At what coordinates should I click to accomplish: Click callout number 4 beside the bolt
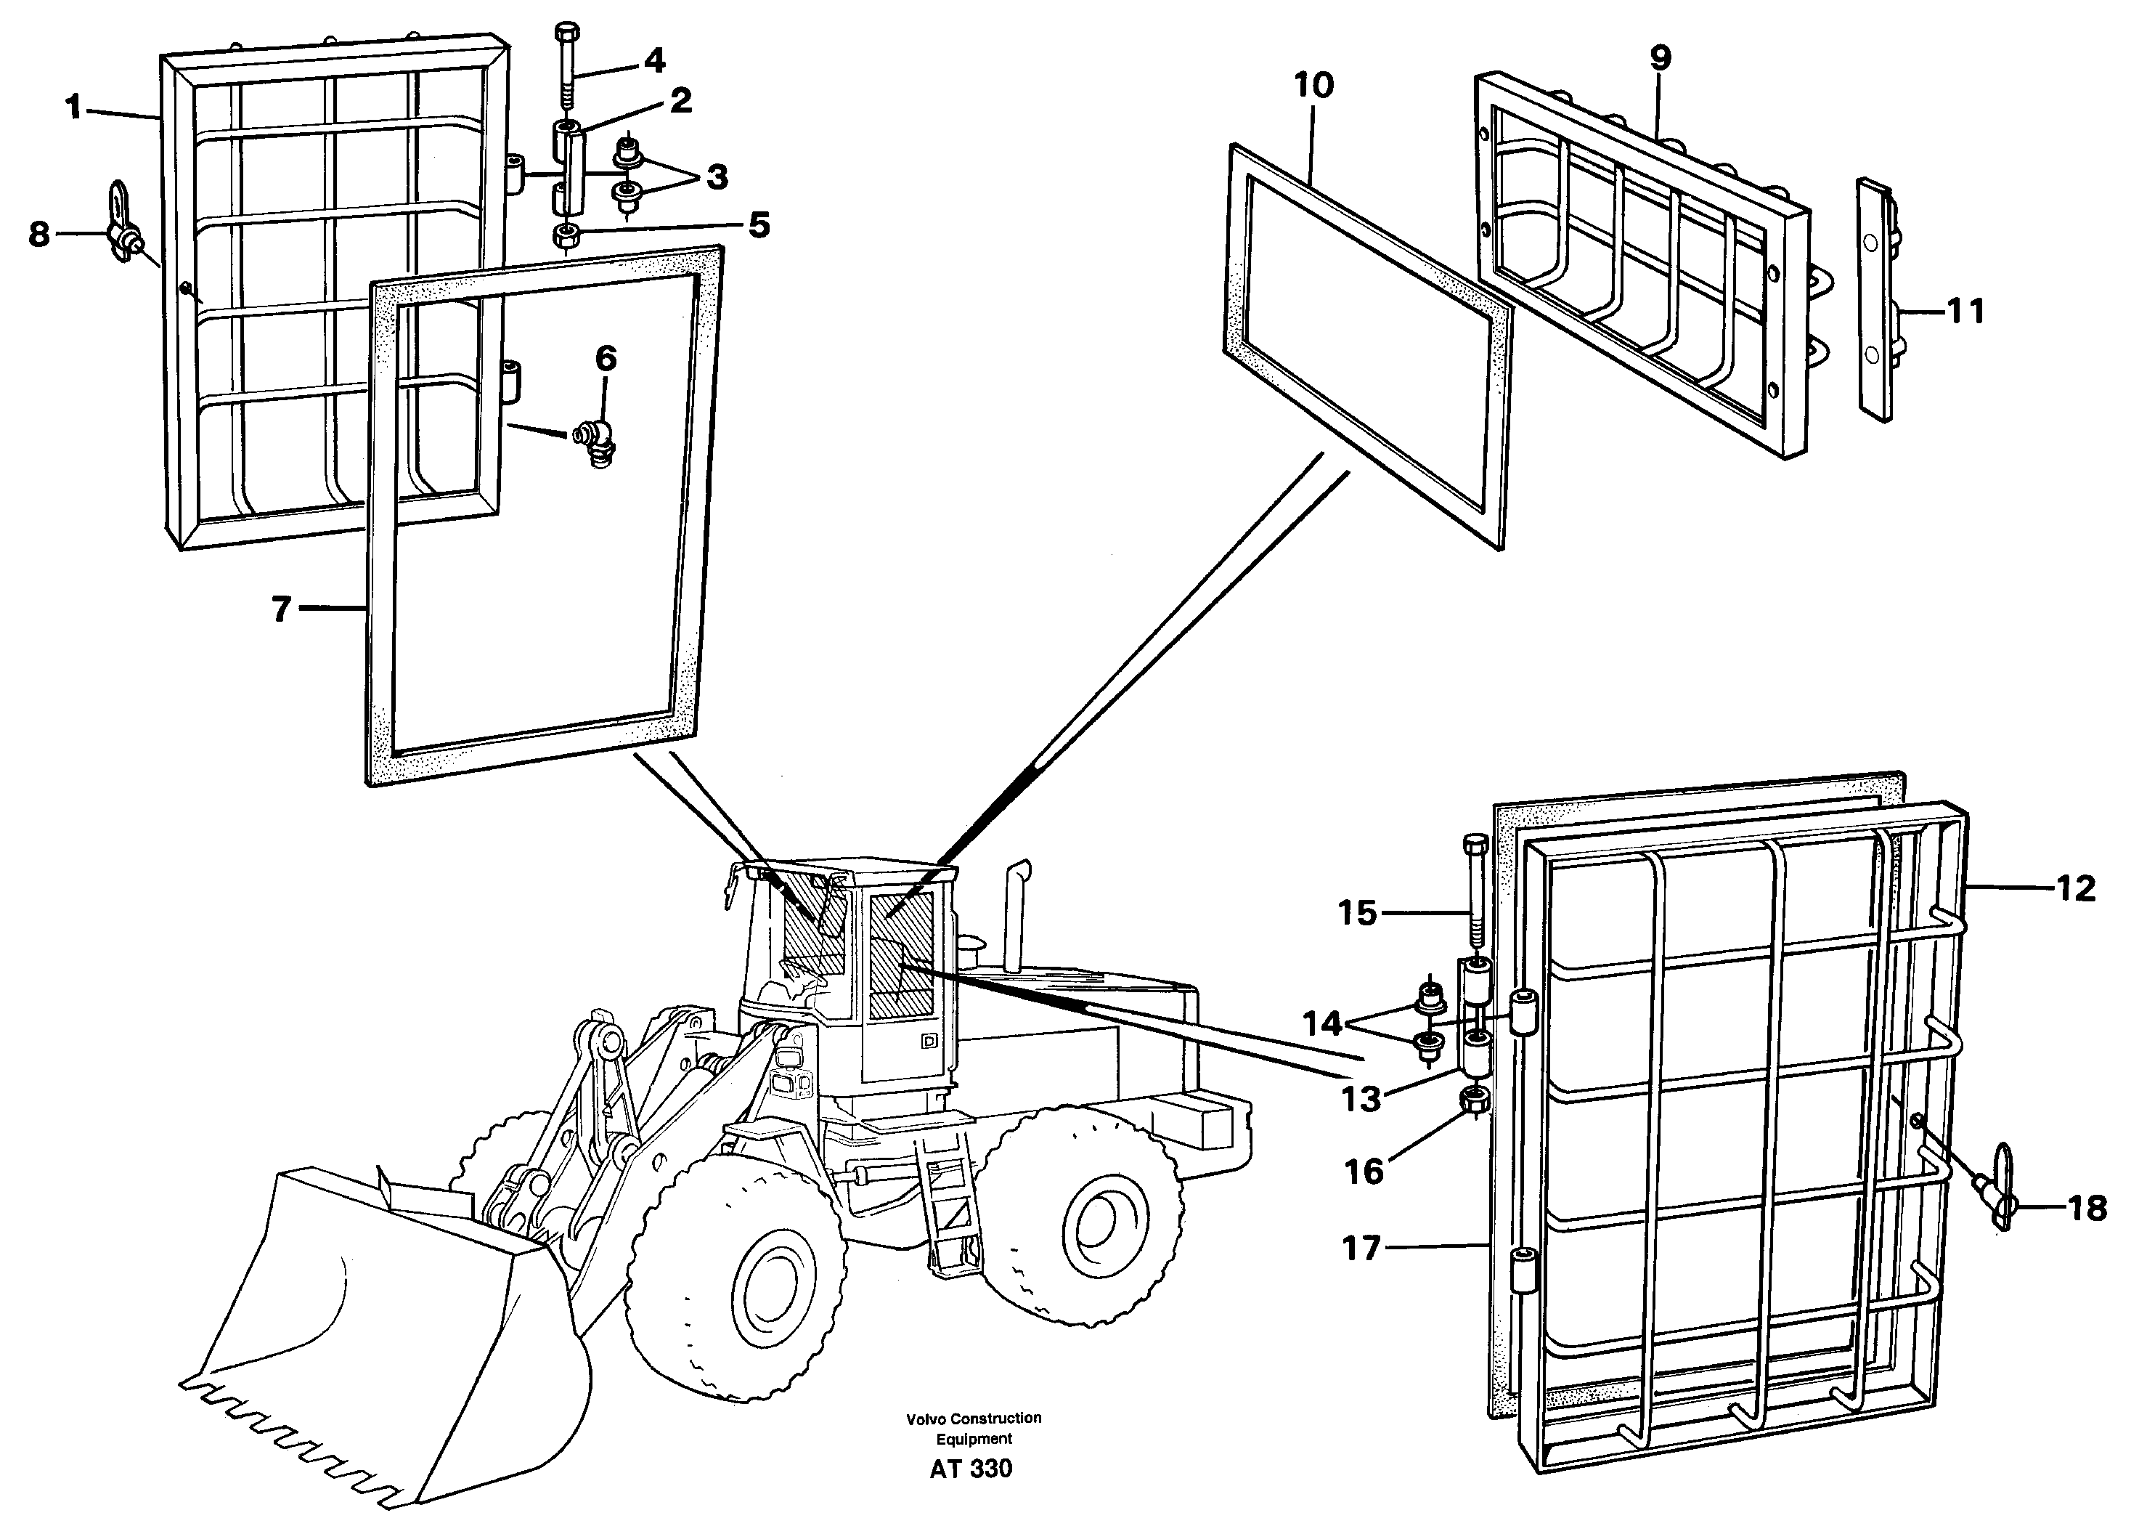point(654,61)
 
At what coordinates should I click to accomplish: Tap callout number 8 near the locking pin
point(38,233)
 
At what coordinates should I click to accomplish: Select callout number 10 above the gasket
point(1313,86)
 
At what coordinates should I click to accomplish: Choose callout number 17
point(1361,1248)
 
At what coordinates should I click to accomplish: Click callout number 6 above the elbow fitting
point(606,359)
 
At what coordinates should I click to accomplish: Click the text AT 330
point(971,1468)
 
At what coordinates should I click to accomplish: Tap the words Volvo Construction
point(974,1418)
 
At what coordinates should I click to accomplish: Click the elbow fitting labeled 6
point(594,441)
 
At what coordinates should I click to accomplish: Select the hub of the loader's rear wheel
point(1097,1225)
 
